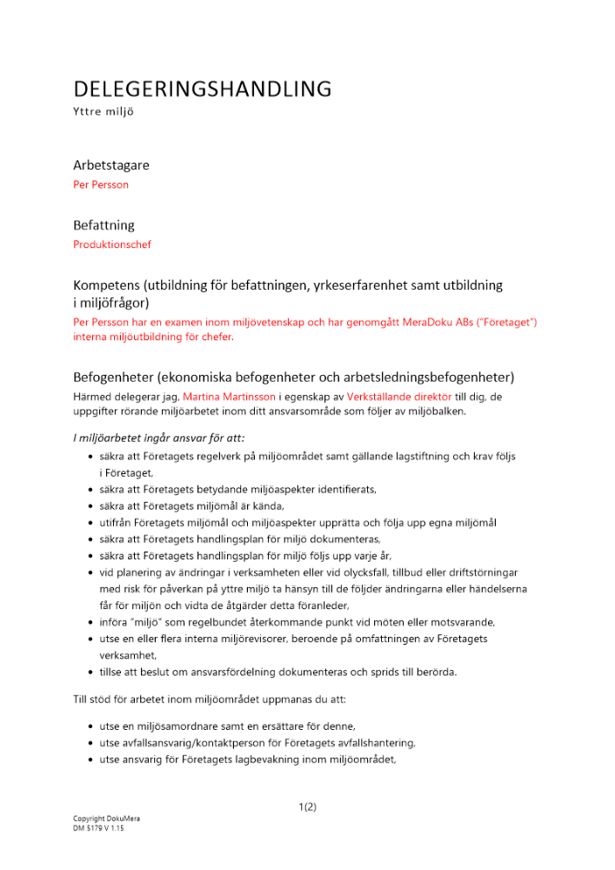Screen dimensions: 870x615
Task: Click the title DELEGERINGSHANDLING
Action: click(202, 89)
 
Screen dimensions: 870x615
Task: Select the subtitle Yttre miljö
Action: click(104, 112)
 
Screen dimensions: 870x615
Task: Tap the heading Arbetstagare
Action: click(110, 164)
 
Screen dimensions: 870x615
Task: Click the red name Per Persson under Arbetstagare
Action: click(101, 184)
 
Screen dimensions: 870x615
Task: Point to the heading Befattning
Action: click(104, 224)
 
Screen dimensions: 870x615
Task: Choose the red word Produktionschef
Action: click(112, 244)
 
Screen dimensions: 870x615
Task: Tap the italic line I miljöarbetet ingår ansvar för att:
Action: click(164, 438)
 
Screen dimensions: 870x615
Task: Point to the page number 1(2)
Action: click(307, 806)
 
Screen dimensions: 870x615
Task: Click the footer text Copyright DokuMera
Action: click(106, 820)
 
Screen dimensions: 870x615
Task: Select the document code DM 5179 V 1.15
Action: click(98, 828)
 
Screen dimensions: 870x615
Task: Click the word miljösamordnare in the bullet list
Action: click(186, 726)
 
